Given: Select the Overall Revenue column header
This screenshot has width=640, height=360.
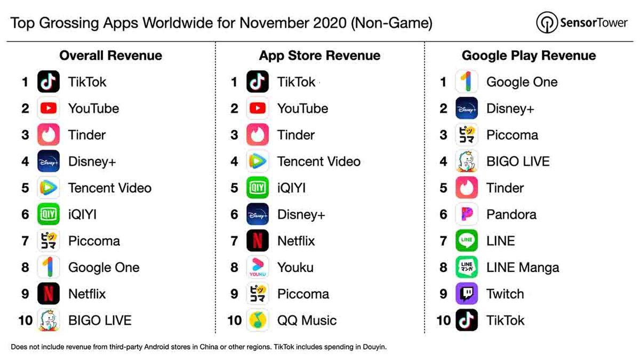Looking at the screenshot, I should coord(110,55).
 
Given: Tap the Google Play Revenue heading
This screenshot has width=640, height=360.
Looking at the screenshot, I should coord(529,55).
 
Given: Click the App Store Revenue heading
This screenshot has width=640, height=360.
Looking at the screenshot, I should coord(319,55).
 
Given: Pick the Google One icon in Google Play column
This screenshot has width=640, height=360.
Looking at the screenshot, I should coord(467,82).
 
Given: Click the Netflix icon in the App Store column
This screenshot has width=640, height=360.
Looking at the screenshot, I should coord(258,241).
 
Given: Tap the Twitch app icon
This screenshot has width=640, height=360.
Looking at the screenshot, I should coord(467,294).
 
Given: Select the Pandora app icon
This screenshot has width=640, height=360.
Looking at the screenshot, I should coord(467,214).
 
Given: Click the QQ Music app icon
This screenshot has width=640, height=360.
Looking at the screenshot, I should coord(258,321).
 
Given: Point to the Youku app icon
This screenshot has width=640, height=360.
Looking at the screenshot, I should coord(258,267).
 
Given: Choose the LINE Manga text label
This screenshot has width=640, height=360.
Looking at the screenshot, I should coord(522,267).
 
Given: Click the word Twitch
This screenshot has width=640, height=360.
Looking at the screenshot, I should coord(505,294).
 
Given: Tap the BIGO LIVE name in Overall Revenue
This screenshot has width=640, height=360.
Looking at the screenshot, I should coord(100,321).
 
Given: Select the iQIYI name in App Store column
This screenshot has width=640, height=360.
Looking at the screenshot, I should coord(291,188).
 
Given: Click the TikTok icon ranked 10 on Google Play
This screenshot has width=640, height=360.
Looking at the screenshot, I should coord(467,321).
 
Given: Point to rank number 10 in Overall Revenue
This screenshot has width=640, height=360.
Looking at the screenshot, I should coord(25,321).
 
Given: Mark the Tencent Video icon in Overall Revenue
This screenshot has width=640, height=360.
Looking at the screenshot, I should coord(49,188).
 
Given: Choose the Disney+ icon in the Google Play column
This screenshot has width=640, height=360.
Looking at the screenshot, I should coord(467,108).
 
